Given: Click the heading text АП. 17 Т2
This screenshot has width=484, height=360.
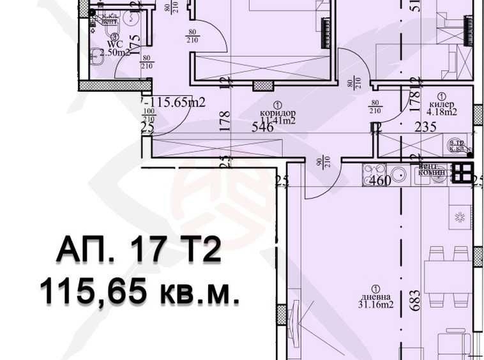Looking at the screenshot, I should point(139,250).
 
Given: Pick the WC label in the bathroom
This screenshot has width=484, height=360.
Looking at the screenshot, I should point(116,45).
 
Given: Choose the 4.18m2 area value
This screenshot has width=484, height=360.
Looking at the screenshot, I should point(442,112).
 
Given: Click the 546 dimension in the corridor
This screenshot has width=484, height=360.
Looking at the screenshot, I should point(262,126).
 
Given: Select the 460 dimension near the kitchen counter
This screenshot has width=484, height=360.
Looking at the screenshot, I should point(380,181).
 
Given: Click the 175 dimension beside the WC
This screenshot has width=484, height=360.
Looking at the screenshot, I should point(135,45).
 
